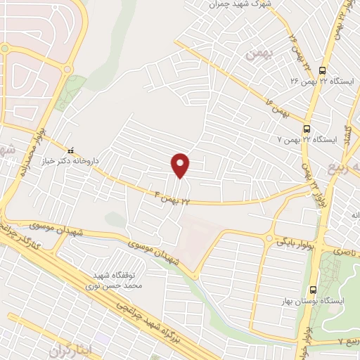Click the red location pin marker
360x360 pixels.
click(181, 165)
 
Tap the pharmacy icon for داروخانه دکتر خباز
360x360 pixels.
click(70, 150)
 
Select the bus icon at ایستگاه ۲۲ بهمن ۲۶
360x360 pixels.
click(323, 70)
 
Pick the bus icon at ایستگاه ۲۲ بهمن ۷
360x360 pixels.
click(307, 129)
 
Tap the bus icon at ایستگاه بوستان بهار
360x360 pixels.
click(313, 289)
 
